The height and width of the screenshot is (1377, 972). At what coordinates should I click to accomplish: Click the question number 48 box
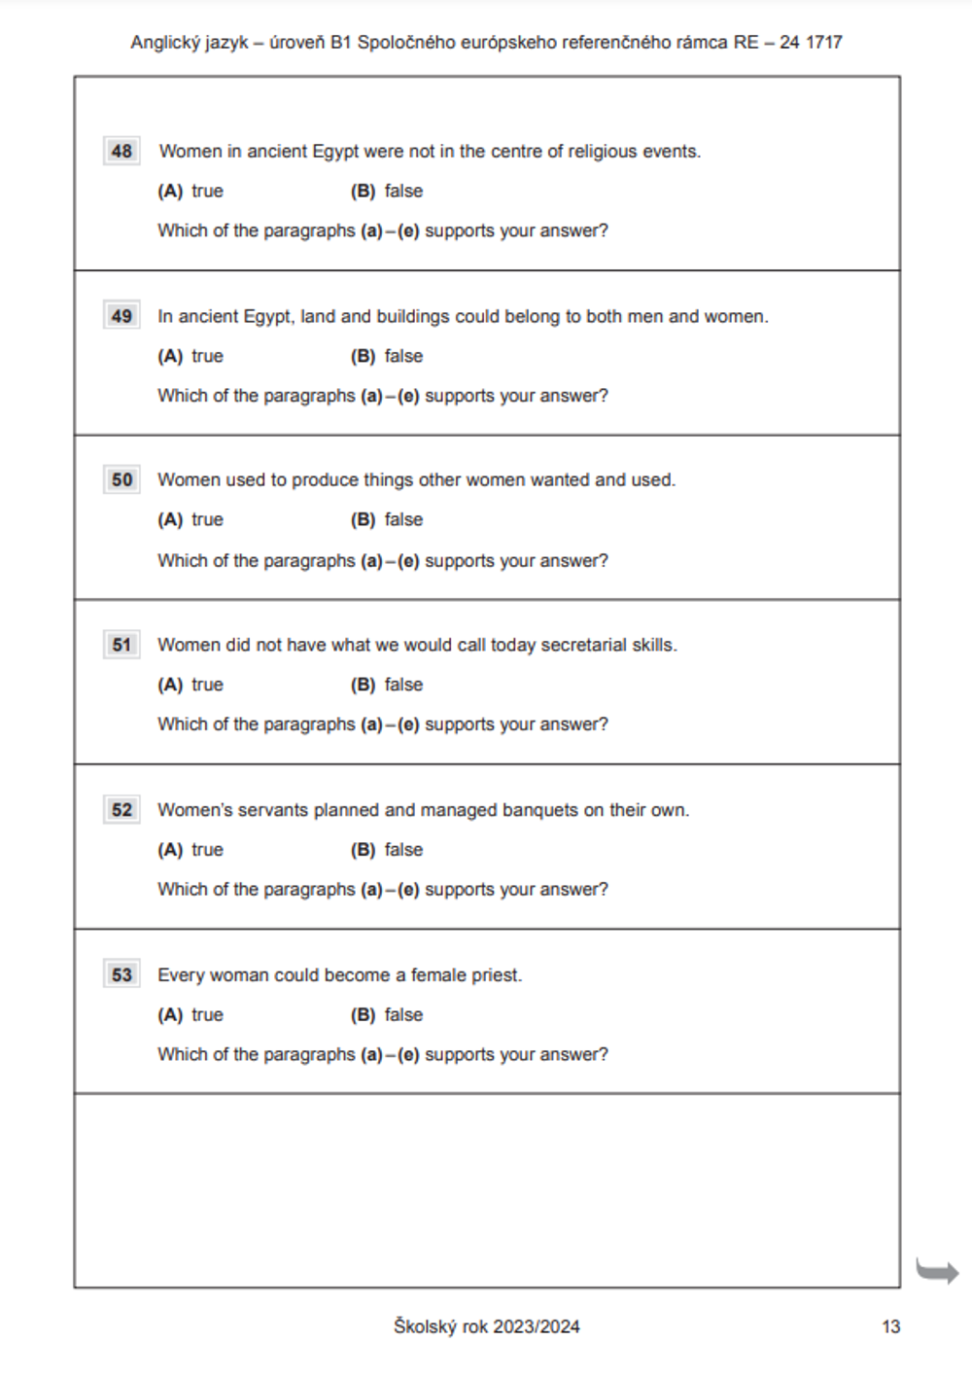[x=121, y=151]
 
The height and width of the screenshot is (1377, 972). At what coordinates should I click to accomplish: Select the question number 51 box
[x=121, y=645]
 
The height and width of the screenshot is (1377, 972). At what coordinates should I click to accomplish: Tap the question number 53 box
[x=121, y=974]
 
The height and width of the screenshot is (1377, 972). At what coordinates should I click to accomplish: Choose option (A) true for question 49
[x=191, y=356]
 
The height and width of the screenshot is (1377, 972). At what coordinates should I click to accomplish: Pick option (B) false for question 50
[x=387, y=519]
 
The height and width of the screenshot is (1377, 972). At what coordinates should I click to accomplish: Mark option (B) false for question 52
[x=387, y=850]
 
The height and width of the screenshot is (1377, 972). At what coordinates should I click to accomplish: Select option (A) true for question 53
[x=191, y=1014]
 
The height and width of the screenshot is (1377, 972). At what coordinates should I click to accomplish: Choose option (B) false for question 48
[x=387, y=191]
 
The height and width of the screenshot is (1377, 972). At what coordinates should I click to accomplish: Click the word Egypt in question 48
[x=335, y=152]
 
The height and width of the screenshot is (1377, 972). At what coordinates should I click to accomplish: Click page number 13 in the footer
[x=890, y=1326]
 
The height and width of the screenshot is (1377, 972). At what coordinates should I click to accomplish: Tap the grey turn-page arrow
[x=937, y=1270]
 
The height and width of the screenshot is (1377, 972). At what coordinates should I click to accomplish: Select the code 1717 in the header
[x=823, y=42]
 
